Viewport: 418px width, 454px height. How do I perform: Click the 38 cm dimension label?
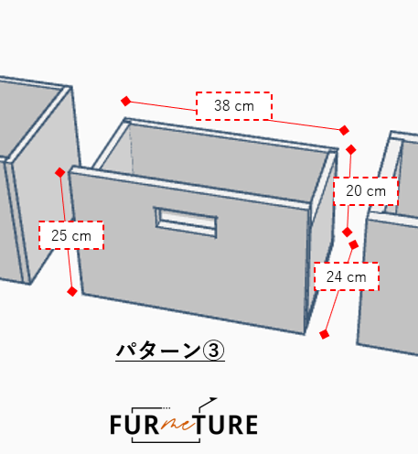click(x=234, y=106)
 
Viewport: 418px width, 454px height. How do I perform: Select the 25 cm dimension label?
click(x=71, y=235)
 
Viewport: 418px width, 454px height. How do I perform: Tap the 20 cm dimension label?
click(x=366, y=191)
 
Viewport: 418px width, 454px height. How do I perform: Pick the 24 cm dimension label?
click(x=347, y=276)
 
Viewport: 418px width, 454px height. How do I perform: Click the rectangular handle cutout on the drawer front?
click(x=186, y=222)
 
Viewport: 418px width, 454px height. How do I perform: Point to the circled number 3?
click(x=213, y=351)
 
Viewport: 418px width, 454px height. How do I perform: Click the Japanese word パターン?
click(x=158, y=351)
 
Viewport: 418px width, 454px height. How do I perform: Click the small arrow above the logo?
click(x=208, y=403)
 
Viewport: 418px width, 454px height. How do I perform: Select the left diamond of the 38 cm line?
click(x=126, y=101)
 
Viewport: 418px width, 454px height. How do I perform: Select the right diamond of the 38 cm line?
click(x=344, y=130)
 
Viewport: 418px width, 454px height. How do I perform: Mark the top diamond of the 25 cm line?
click(x=60, y=172)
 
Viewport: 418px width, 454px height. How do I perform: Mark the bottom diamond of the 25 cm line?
click(x=72, y=292)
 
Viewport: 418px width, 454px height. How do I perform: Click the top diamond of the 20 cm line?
click(x=351, y=150)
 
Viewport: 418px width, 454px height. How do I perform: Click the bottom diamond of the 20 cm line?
click(x=348, y=232)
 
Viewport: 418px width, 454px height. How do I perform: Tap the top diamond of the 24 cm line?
click(x=353, y=244)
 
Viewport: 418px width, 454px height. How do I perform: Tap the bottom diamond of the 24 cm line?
click(x=325, y=334)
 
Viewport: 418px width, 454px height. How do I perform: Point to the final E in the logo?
click(x=252, y=425)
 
